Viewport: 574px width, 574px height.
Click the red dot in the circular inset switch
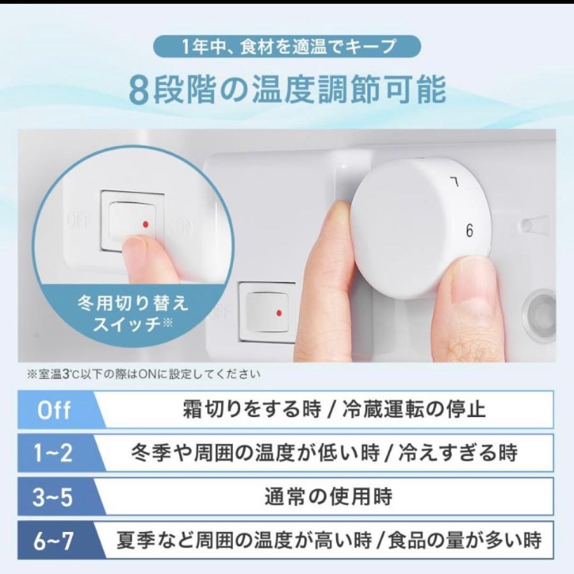[x=145, y=225]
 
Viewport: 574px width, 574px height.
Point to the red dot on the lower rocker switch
[x=280, y=313]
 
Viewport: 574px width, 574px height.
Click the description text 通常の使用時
[x=328, y=497]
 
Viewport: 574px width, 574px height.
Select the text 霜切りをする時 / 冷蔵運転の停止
[x=334, y=410]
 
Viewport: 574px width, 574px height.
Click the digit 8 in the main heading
[x=138, y=91]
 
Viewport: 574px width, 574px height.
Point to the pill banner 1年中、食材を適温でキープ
[x=287, y=47]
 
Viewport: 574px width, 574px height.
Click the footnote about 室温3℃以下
[x=143, y=375]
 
